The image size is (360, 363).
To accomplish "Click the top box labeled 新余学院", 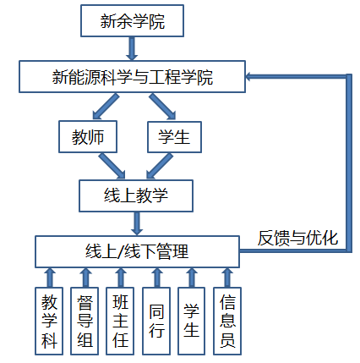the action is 132,20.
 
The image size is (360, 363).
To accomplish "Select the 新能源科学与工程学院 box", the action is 132,76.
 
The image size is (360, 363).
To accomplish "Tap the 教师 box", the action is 88,137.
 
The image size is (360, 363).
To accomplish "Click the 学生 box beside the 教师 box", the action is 175,137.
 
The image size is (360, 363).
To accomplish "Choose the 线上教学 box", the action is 136,195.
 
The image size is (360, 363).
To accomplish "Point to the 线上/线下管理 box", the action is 137,251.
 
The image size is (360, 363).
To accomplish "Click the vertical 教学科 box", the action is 49,321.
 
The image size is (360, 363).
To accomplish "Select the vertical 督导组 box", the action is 85,321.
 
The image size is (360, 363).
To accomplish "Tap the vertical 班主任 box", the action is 120,321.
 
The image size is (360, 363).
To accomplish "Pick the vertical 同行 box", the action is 156,321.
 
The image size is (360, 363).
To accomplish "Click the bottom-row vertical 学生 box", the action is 192,321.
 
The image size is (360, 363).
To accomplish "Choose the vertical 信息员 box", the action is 227,321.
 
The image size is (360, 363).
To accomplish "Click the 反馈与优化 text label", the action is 297,238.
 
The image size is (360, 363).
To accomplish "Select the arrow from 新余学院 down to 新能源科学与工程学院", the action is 132,48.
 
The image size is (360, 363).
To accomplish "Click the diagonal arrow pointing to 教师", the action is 106,107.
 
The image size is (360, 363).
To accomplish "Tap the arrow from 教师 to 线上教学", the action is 112,166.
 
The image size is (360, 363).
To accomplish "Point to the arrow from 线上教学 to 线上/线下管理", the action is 137,223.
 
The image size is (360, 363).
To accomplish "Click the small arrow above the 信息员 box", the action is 227,278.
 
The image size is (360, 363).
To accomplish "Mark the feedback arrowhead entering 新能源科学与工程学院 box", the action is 249,76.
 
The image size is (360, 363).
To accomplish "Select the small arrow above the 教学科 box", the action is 50,278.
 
